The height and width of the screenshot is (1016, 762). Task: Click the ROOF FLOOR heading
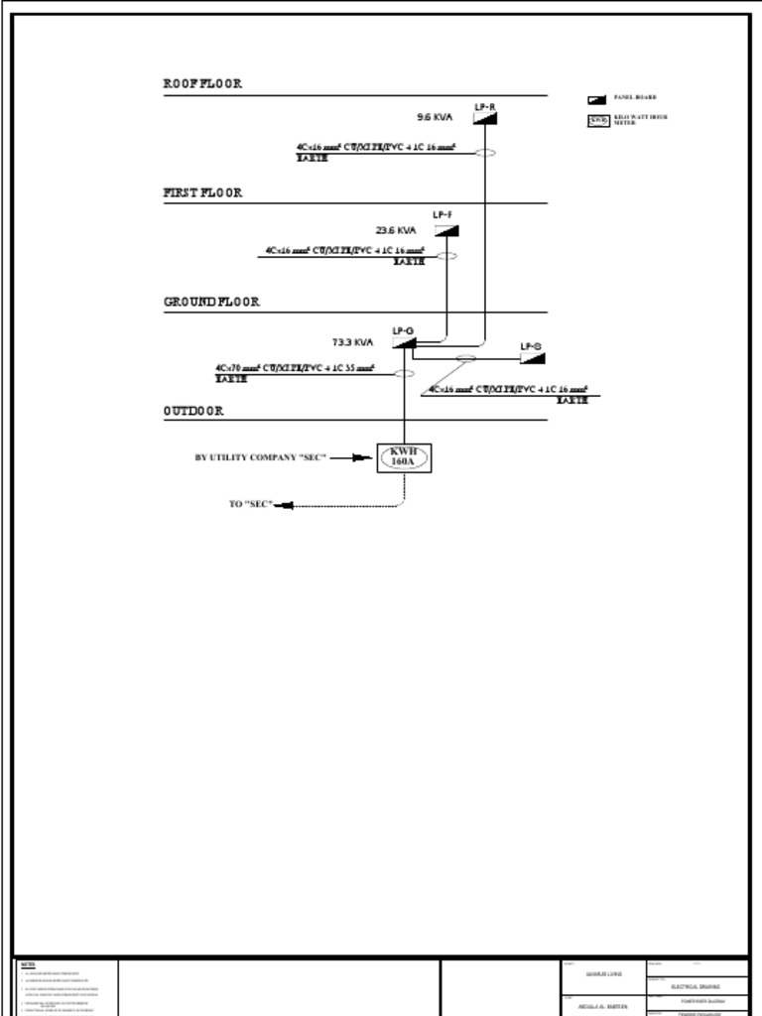point(202,84)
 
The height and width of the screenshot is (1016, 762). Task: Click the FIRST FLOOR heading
point(202,193)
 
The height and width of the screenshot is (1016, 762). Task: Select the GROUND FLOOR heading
point(211,302)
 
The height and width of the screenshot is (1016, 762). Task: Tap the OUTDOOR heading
point(193,411)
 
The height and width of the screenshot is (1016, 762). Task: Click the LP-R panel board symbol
point(484,118)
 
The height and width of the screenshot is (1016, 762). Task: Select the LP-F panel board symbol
point(446,230)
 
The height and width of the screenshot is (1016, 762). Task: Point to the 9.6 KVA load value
point(434,117)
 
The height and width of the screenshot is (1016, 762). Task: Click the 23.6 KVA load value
point(396,230)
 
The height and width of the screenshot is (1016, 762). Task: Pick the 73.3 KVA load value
point(352,342)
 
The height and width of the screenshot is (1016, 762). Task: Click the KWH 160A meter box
point(404,457)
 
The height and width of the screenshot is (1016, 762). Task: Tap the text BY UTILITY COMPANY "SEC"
point(260,457)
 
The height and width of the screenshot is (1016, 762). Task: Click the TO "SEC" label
point(250,504)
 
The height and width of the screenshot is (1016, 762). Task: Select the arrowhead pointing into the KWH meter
point(365,457)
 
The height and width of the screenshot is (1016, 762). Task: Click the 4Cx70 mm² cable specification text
point(295,368)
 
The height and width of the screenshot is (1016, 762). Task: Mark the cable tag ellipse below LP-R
point(484,153)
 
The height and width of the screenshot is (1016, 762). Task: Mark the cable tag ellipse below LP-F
point(446,256)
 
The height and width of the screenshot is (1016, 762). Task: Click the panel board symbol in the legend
point(596,99)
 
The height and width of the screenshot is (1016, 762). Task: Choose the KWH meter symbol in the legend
point(597,120)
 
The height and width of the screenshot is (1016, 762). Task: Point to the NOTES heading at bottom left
point(28,964)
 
